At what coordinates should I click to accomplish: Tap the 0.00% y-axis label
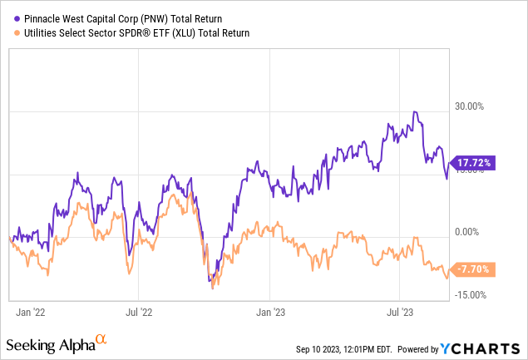(469, 232)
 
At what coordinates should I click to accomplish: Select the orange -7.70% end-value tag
(471, 269)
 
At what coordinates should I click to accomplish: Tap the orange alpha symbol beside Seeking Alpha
(101, 339)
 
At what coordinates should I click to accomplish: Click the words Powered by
(421, 347)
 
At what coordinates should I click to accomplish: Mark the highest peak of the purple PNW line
(414, 111)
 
